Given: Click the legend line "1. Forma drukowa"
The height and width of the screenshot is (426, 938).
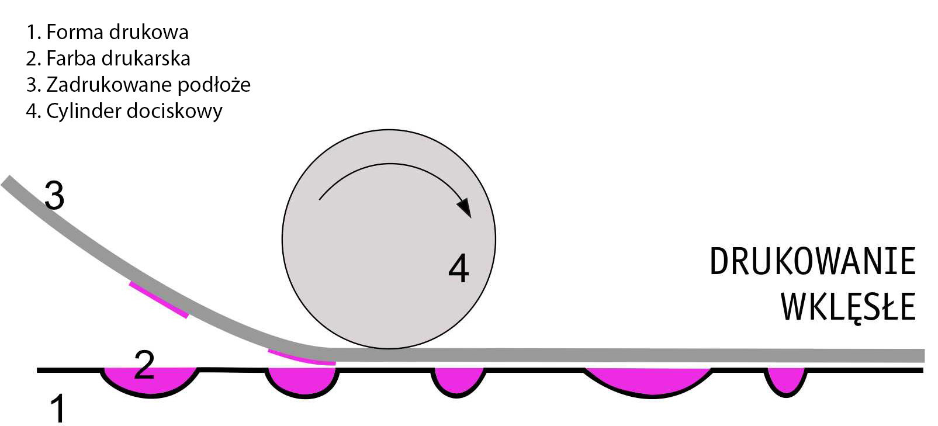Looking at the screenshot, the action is (107, 32).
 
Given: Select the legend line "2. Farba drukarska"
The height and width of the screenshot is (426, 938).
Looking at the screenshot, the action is (108, 58).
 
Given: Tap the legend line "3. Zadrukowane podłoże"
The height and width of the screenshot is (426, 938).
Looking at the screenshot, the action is (139, 85).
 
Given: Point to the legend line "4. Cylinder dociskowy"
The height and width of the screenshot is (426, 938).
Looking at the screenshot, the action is (124, 111).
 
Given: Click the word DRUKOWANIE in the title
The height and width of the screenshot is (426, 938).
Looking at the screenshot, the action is (812, 262).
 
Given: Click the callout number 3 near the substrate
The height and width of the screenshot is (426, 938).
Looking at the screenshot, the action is (54, 196).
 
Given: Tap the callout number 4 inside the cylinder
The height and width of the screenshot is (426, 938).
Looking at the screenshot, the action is (459, 269).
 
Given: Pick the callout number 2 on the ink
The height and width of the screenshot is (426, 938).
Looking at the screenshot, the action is (144, 365).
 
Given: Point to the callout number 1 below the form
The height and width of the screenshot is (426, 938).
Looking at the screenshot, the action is (57, 408).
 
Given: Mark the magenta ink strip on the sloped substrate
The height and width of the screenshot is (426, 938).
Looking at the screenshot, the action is (158, 300).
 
